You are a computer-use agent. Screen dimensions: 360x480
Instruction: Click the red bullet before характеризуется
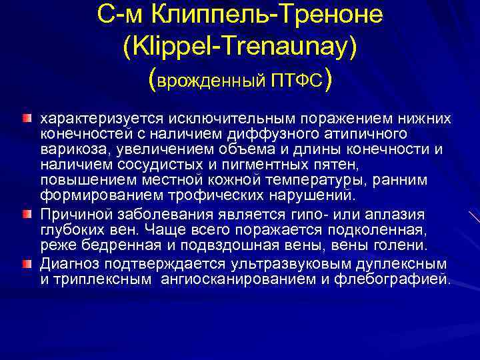27,118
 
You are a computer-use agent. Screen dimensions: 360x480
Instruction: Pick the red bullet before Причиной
27,214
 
